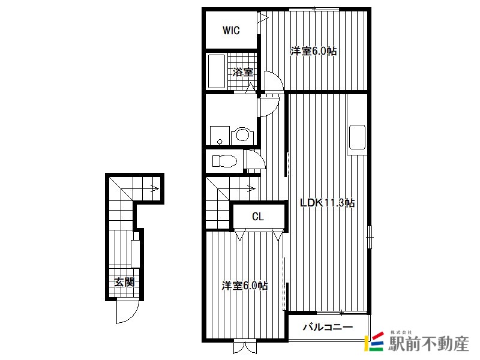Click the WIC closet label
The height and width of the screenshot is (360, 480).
tap(231, 31)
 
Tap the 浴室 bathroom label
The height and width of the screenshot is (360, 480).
tap(243, 72)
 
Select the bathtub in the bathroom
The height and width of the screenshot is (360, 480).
tap(217, 71)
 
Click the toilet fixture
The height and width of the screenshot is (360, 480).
tap(224, 161)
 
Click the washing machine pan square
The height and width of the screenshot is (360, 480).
tap(220, 136)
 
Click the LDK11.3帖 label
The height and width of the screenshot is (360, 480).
tap(327, 203)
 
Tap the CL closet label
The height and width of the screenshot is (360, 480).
tap(258, 217)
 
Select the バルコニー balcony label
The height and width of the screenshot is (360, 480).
tap(328, 327)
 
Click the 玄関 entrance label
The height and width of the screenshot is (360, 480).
tap(125, 282)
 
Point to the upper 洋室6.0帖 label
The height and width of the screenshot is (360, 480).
tap(313, 51)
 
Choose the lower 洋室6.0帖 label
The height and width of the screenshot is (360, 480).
tap(245, 286)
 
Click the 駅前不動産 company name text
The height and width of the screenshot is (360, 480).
tap(428, 343)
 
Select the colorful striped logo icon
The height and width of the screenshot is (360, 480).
tap(374, 341)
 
